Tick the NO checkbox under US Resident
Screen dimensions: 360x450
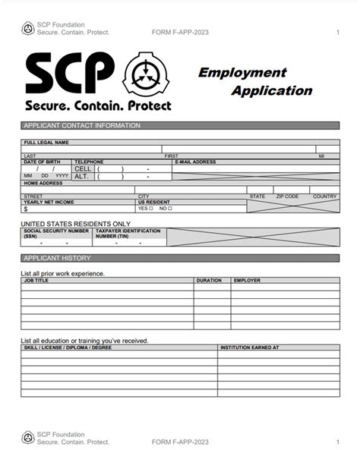(x=170, y=208)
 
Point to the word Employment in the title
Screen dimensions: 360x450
(x=242, y=73)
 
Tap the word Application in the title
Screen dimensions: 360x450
(x=271, y=91)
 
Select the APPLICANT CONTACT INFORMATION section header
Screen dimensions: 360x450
(x=82, y=126)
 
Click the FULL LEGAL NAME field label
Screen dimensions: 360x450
(x=46, y=142)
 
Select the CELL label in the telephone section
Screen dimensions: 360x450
(x=83, y=168)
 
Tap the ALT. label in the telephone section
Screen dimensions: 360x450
(x=83, y=176)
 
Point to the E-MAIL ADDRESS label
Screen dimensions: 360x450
(x=196, y=162)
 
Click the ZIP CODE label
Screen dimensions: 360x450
(x=287, y=197)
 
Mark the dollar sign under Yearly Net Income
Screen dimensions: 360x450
(x=26, y=208)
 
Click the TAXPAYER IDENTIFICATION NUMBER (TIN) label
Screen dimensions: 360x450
(x=127, y=232)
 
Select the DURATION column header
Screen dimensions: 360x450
(x=209, y=280)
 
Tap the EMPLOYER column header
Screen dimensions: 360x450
(x=247, y=280)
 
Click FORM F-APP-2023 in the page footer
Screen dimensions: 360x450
(x=180, y=441)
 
